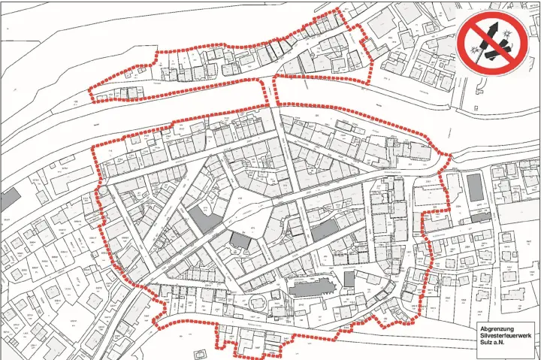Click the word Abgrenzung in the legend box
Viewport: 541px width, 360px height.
point(497,328)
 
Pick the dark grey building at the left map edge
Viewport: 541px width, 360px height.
point(10,200)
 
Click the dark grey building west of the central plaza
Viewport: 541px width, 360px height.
point(204,220)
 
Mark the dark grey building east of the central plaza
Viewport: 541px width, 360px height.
point(324,228)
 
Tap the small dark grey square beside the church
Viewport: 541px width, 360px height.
point(349,279)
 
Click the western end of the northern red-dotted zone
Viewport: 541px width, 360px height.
point(90,94)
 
